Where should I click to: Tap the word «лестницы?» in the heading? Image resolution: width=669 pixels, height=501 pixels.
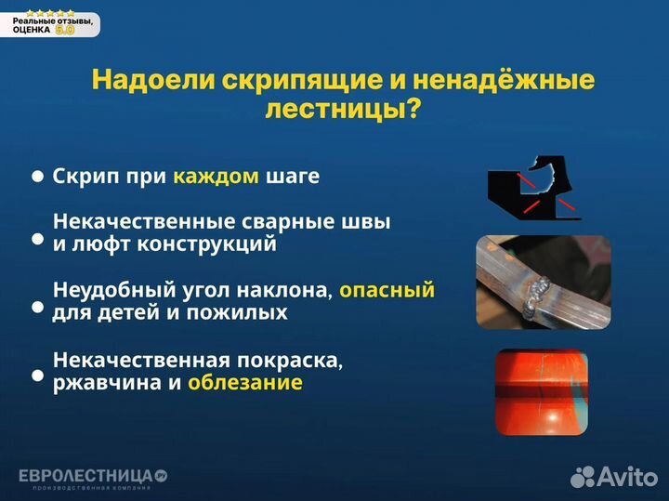pos(343,110)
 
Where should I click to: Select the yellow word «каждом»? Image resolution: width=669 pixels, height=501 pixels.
pos(216,176)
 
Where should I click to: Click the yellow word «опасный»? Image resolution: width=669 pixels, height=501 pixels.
pos(387,290)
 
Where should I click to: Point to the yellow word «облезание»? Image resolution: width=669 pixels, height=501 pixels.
pos(244,382)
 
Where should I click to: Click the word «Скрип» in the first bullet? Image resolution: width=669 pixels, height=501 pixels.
pos(84,176)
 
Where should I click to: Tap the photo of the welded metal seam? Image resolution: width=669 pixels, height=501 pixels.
pos(544,282)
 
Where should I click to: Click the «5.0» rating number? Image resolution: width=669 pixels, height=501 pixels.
pos(65,30)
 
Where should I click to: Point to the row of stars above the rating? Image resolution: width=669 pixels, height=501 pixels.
pos(50,13)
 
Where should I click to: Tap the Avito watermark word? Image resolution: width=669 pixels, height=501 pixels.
pos(626,477)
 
